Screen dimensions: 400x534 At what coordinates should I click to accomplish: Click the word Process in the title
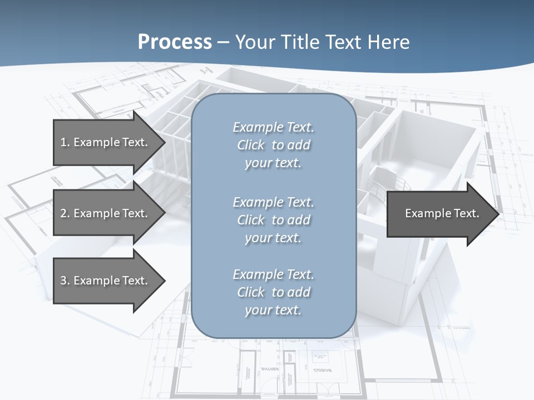click(175, 42)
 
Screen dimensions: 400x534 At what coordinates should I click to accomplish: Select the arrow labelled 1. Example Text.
click(106, 142)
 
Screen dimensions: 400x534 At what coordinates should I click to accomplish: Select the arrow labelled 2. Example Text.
click(106, 213)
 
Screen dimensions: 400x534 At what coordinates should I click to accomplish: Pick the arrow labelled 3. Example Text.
click(106, 281)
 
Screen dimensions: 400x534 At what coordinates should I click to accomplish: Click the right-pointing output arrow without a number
click(439, 213)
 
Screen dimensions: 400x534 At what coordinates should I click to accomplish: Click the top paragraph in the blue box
click(273, 145)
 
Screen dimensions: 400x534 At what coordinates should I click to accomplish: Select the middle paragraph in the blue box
click(273, 220)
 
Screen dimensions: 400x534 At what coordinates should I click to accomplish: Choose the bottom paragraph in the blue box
click(273, 292)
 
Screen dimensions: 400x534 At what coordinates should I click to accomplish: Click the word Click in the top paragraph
click(251, 145)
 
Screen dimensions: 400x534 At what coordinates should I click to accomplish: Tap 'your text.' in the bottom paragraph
click(273, 310)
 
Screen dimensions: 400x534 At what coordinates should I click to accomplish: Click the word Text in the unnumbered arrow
click(466, 213)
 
